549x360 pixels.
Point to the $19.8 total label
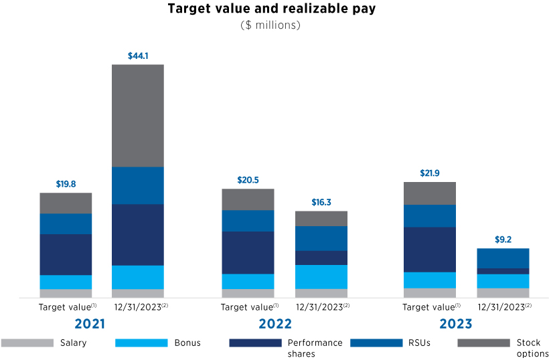click(66, 184)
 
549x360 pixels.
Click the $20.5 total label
click(247, 180)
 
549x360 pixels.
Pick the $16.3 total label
click(321, 202)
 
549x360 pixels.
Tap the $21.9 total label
click(429, 173)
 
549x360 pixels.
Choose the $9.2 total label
click(503, 240)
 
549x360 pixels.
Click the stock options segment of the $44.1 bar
click(138, 115)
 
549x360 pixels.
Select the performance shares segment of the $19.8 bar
click(66, 254)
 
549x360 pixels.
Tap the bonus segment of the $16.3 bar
click(321, 276)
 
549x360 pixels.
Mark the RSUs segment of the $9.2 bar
click(503, 258)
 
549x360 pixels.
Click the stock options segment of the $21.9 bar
click(429, 193)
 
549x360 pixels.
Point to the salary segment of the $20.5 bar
click(247, 293)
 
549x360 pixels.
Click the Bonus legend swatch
click(141, 343)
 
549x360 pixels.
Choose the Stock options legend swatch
click(483, 343)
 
